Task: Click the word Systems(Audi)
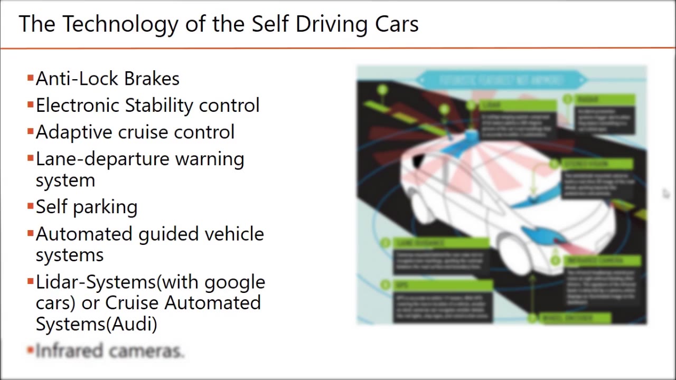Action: (96, 324)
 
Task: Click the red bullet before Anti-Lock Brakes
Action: (30, 79)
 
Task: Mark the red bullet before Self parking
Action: (30, 206)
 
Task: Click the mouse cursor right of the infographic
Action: (665, 194)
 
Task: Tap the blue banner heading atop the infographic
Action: (501, 81)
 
